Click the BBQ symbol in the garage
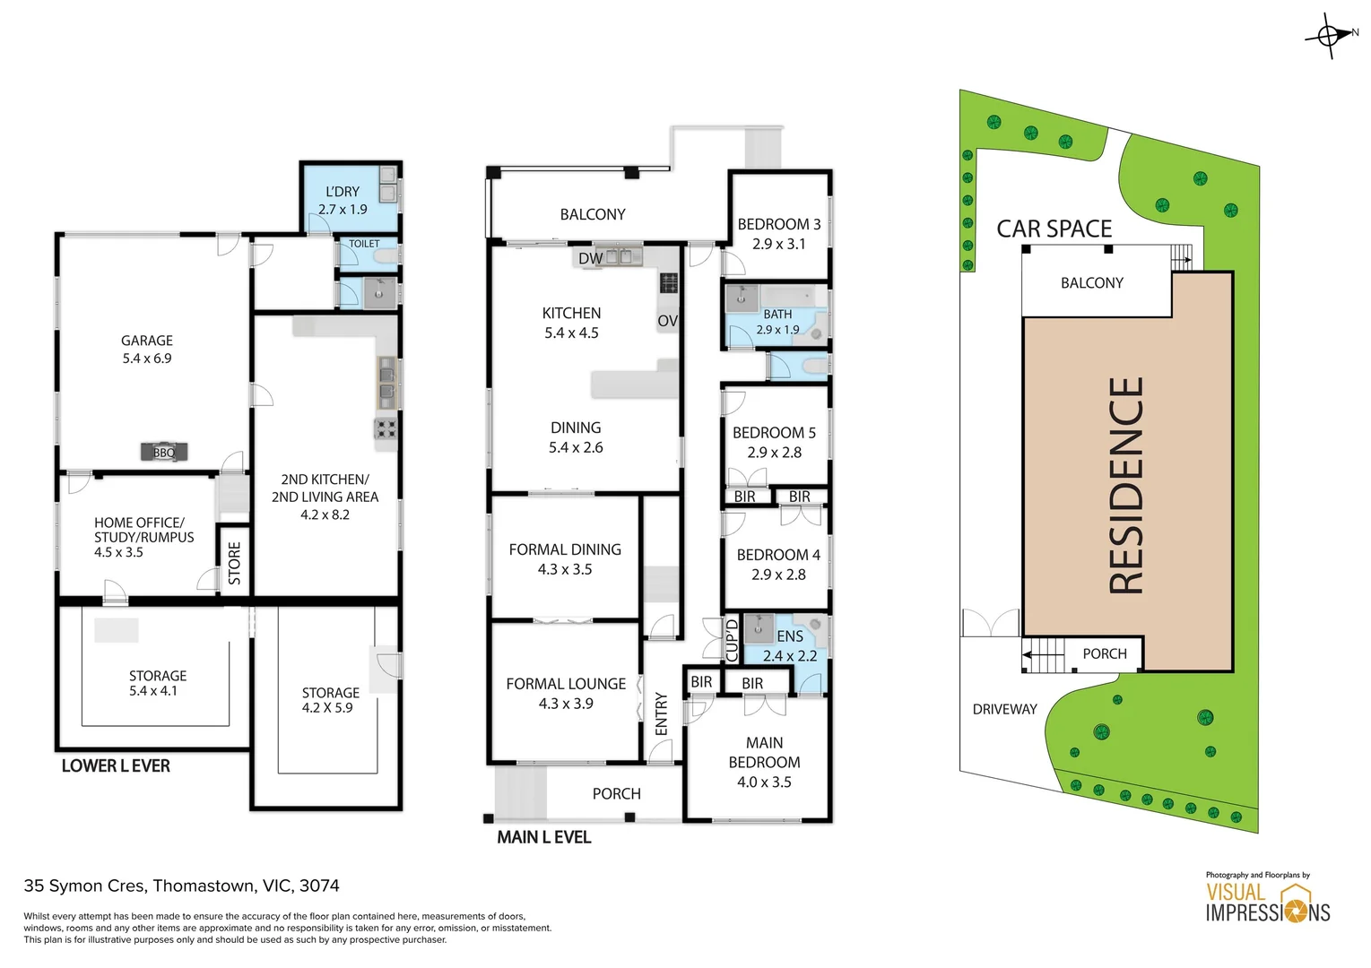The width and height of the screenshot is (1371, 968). [x=164, y=453]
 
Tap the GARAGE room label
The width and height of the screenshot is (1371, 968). [x=147, y=341]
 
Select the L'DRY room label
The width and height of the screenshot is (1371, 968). [x=343, y=192]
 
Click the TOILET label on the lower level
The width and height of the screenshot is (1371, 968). [x=364, y=244]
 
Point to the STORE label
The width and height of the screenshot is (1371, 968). [x=234, y=563]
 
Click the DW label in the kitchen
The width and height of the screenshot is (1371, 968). [x=590, y=258]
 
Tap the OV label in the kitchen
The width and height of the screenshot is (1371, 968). [x=668, y=321]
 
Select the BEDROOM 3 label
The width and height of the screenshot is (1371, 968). [x=778, y=225]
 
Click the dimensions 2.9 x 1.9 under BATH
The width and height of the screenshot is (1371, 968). [x=777, y=329]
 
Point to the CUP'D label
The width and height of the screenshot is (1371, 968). [x=732, y=640]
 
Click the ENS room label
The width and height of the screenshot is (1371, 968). [x=790, y=636]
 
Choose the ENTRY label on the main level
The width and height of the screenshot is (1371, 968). [x=661, y=713]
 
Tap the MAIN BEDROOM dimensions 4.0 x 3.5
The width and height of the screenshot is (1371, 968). [x=764, y=782]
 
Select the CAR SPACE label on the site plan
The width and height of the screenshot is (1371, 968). [x=1054, y=229]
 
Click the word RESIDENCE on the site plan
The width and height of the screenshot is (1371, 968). [x=1126, y=485]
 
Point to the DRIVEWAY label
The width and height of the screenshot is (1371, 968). [x=1004, y=709]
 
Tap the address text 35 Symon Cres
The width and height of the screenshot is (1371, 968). [x=85, y=886]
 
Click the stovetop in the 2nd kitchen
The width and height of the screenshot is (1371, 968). [x=386, y=429]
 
